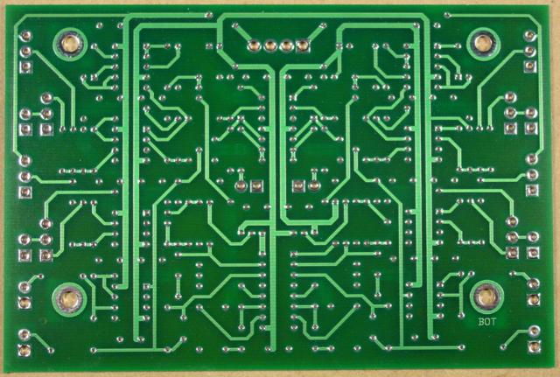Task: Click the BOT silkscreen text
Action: pyautogui.click(x=487, y=321)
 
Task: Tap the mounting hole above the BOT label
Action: pyautogui.click(x=485, y=297)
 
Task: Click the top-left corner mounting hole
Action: pyautogui.click(x=69, y=42)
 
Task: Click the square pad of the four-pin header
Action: pyautogui.click(x=302, y=46)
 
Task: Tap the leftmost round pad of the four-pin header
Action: pyautogui.click(x=250, y=46)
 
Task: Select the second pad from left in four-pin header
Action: pyautogui.click(x=268, y=46)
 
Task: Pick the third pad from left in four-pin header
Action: pyautogui.click(x=284, y=46)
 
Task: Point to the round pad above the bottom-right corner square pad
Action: pyautogui.click(x=532, y=331)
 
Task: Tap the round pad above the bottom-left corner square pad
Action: pyautogui.click(x=21, y=332)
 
